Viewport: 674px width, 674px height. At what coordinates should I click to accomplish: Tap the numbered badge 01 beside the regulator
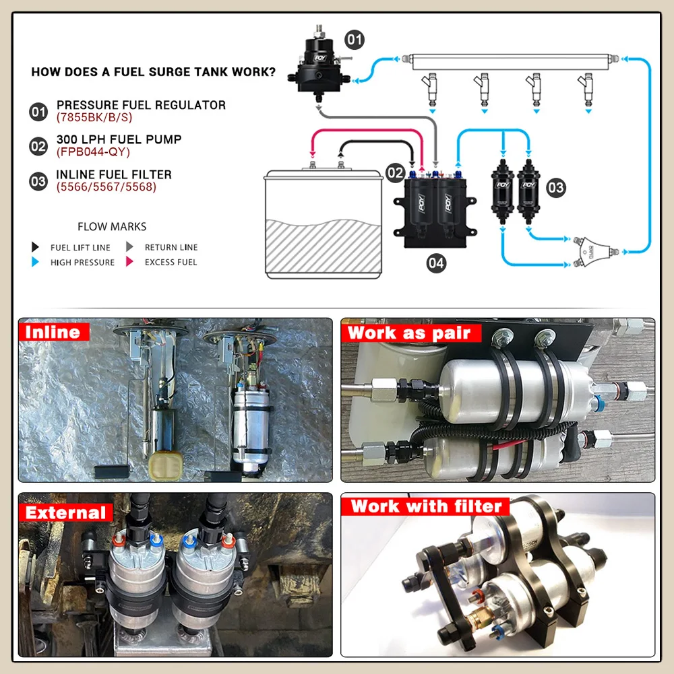tap(354, 39)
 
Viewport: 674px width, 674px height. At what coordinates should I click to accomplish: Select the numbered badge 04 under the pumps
tap(436, 263)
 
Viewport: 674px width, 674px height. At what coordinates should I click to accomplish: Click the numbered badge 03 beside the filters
tap(556, 188)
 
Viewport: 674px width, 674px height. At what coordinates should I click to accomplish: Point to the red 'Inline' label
tap(53, 331)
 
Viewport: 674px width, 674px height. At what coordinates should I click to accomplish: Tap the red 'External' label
tap(66, 512)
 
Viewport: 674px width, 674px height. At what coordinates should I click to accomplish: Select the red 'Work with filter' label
tap(427, 506)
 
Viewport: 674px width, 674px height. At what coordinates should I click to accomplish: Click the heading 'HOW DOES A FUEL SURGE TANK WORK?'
tap(153, 72)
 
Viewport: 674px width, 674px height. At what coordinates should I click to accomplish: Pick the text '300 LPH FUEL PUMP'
tap(119, 139)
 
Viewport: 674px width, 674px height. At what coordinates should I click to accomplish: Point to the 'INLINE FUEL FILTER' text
tap(114, 174)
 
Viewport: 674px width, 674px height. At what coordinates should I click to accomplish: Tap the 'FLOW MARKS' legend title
tap(112, 227)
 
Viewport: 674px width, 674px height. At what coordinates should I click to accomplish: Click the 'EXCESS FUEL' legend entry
tap(171, 262)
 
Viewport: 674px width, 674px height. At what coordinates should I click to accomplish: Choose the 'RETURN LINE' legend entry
tap(171, 247)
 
